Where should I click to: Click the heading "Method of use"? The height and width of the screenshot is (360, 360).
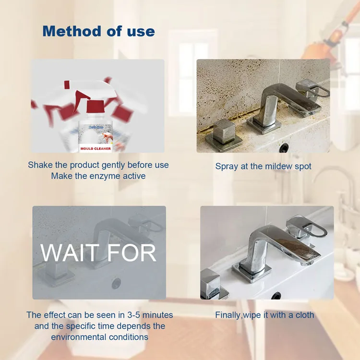98,32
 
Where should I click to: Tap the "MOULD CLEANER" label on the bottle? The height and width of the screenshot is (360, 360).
96,148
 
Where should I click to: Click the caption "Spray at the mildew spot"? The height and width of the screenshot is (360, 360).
263,166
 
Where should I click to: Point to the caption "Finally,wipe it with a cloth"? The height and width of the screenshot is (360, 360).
264,315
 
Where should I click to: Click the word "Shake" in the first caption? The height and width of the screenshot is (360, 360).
40,165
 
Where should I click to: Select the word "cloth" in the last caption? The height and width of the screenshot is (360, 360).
303,315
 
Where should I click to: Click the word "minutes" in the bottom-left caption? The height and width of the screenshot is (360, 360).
156,315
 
